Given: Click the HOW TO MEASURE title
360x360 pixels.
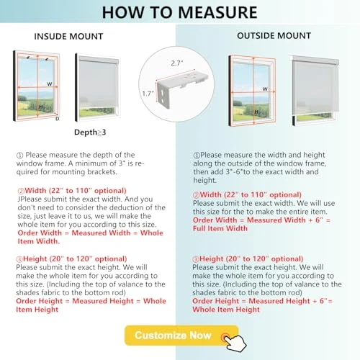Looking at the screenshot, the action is pyautogui.click(x=179, y=12).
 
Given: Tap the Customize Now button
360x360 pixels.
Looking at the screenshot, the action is pyautogui.click(x=173, y=335).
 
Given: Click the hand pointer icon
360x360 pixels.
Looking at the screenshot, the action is pyautogui.click(x=230, y=339).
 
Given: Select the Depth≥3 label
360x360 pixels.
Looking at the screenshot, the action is pyautogui.click(x=91, y=132).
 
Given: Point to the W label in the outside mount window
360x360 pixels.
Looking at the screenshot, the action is pyautogui.click(x=266, y=89).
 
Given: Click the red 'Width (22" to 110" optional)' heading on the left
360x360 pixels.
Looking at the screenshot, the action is pyautogui.click(x=65, y=191).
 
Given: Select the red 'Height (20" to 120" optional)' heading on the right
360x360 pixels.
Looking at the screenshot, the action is pyautogui.click(x=247, y=258).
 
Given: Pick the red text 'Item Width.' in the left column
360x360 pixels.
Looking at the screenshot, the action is pyautogui.click(x=40, y=241).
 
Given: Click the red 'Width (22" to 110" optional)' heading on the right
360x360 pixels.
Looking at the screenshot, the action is pyautogui.click(x=247, y=194).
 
